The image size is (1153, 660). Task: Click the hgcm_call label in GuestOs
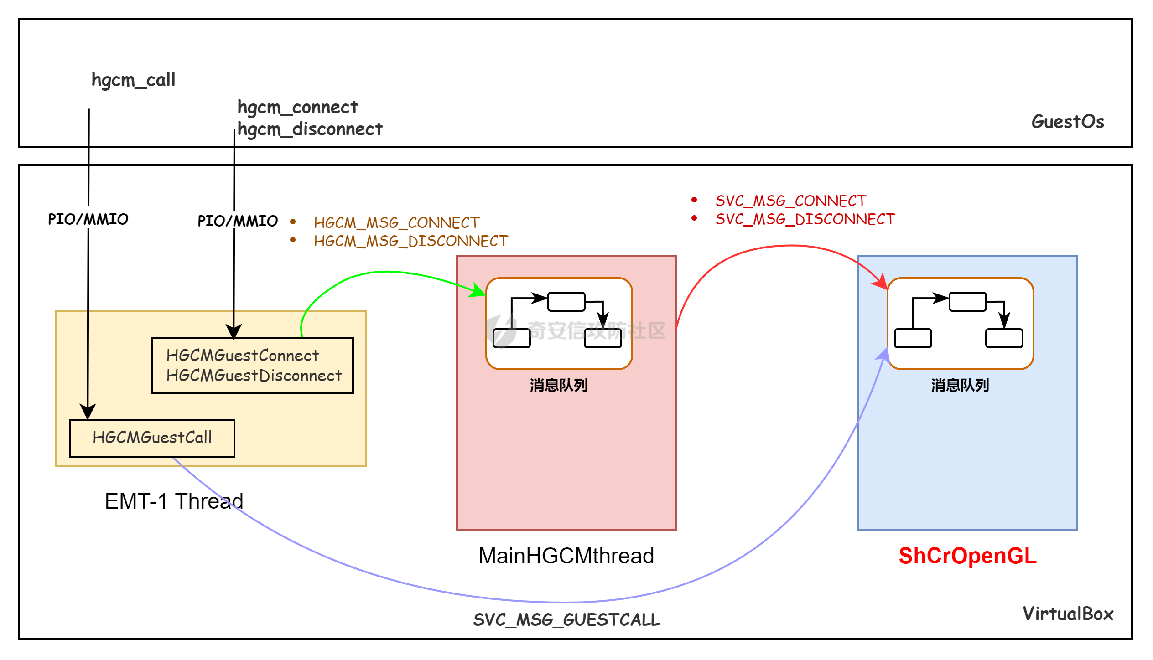[x=133, y=80]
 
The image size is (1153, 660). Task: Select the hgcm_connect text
[x=298, y=108]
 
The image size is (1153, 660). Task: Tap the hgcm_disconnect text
[x=310, y=129]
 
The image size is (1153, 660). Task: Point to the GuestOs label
[x=1067, y=122]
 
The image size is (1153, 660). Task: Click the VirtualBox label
[x=1068, y=614]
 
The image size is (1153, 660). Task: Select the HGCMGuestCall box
[x=152, y=438]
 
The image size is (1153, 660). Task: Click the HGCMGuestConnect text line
[x=242, y=356]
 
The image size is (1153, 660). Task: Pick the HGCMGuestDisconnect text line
[x=254, y=376]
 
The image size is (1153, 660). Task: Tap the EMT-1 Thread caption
[x=174, y=501]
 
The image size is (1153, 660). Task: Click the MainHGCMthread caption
[x=566, y=556]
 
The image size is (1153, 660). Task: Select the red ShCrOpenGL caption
[x=967, y=556]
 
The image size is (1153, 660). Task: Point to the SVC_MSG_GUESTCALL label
[x=566, y=620]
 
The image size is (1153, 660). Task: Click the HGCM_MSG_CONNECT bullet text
[x=396, y=223]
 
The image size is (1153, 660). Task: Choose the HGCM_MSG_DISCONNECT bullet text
[x=410, y=241]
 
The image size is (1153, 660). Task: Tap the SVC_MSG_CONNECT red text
[x=790, y=201]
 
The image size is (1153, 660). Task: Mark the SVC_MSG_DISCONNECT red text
[x=805, y=219]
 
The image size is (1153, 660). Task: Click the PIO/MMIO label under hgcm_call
[x=88, y=219]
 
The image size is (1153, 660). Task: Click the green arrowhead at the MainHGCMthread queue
[x=478, y=290]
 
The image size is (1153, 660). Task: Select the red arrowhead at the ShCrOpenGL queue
[x=880, y=281]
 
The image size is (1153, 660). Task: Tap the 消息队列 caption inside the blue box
[x=960, y=386]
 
